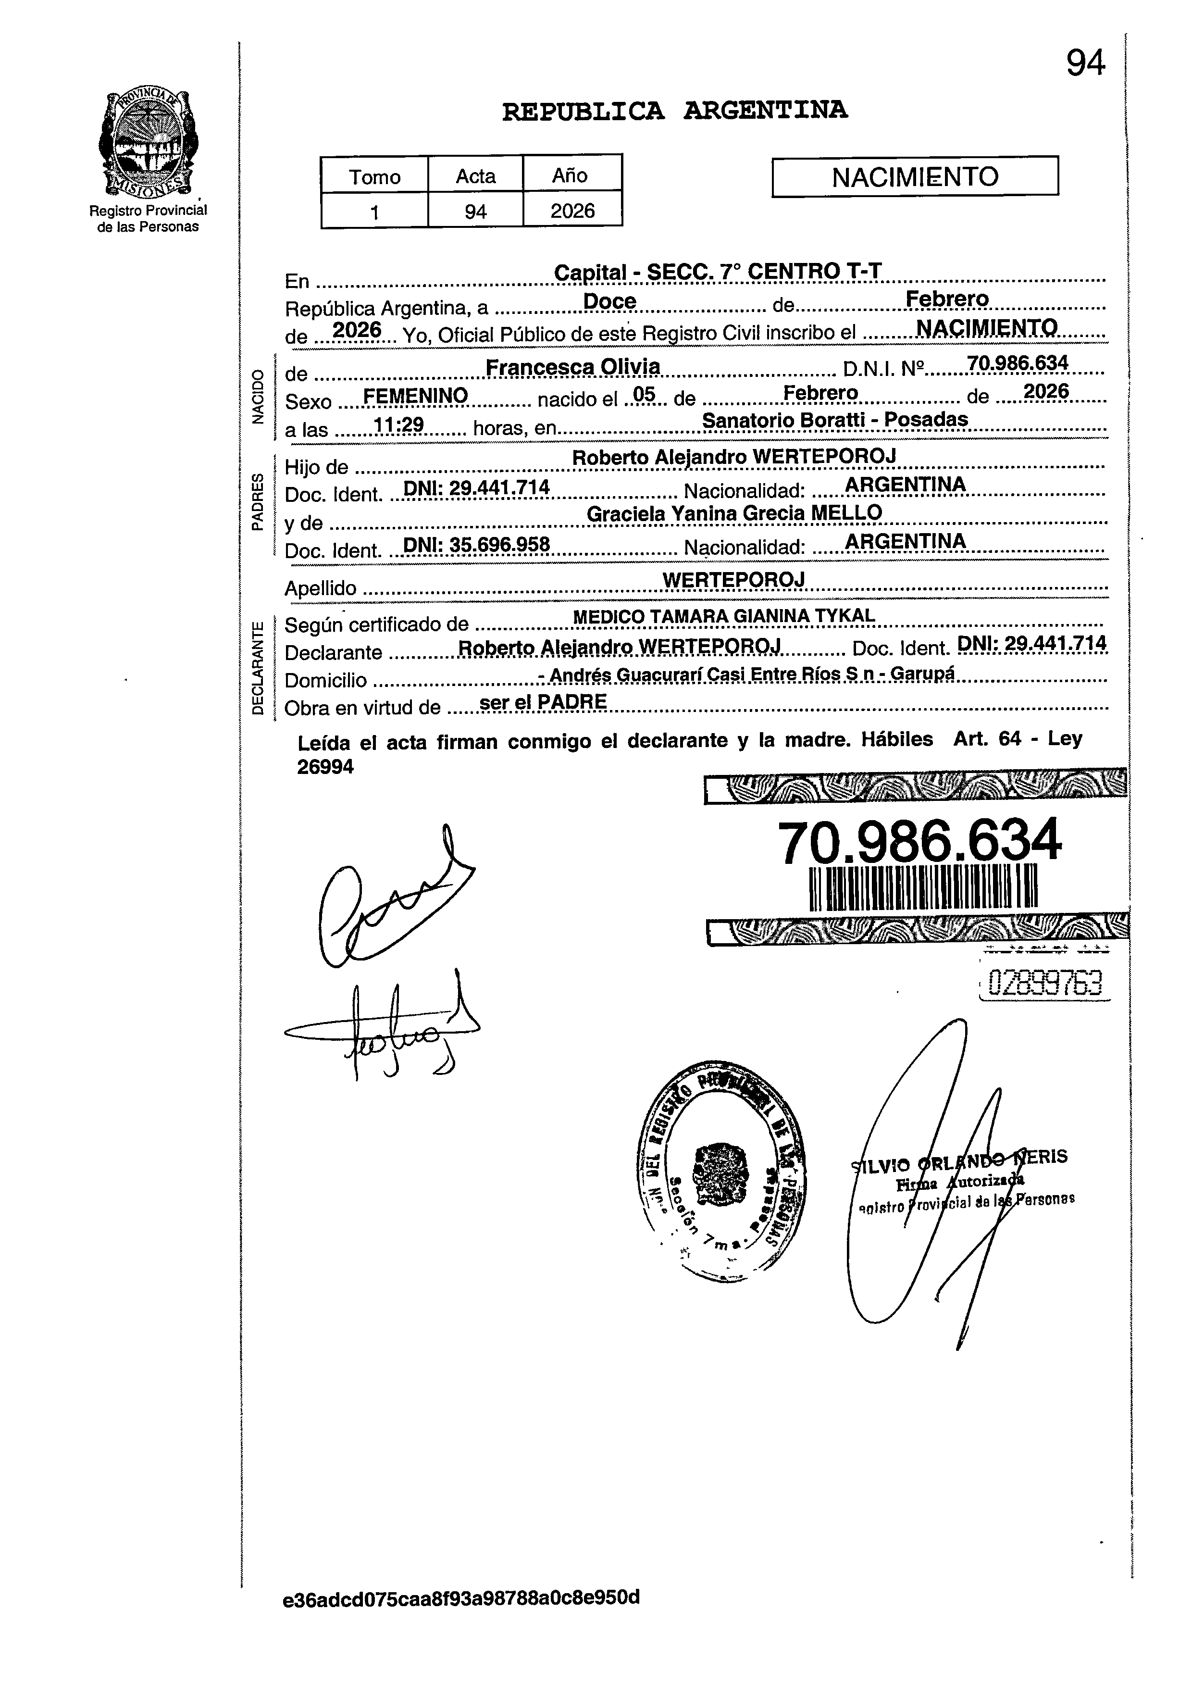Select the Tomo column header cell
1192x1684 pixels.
point(374,176)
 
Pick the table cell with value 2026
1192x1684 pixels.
point(572,212)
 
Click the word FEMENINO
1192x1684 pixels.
point(415,397)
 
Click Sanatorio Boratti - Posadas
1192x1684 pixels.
point(835,419)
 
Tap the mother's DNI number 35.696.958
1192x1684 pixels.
point(477,544)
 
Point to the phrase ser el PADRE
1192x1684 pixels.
point(543,702)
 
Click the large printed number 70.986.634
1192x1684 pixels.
point(919,842)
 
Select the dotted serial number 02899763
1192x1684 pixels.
point(1045,982)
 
